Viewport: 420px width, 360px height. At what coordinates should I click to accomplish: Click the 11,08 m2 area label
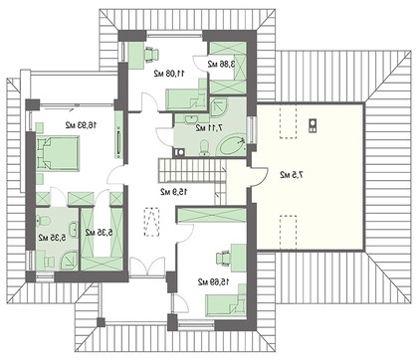[168, 73]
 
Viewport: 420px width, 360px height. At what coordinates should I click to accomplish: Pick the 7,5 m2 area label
[291, 175]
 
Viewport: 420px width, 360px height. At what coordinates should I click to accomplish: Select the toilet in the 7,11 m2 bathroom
[203, 149]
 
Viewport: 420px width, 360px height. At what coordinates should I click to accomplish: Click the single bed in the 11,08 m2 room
[183, 98]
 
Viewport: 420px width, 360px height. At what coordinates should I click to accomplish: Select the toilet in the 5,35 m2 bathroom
[68, 262]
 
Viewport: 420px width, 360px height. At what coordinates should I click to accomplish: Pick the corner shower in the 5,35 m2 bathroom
[45, 219]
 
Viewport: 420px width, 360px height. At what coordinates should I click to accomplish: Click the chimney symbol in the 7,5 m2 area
[313, 123]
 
